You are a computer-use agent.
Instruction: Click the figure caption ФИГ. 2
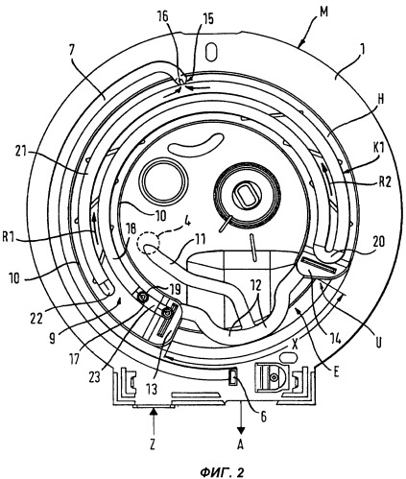222,472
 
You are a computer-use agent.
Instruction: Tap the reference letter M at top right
324,12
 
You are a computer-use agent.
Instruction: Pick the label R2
384,182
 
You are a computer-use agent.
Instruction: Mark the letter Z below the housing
153,444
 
